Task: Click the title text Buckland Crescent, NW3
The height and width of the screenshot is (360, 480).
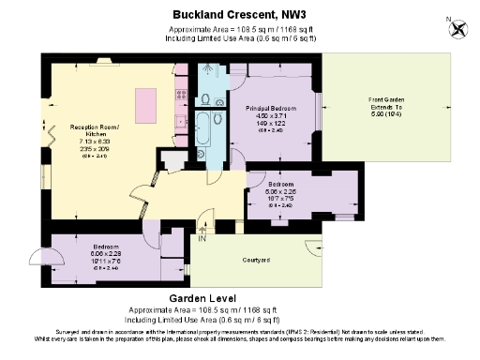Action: click(240, 14)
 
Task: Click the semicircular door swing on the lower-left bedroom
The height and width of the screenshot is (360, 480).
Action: click(37, 257)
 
